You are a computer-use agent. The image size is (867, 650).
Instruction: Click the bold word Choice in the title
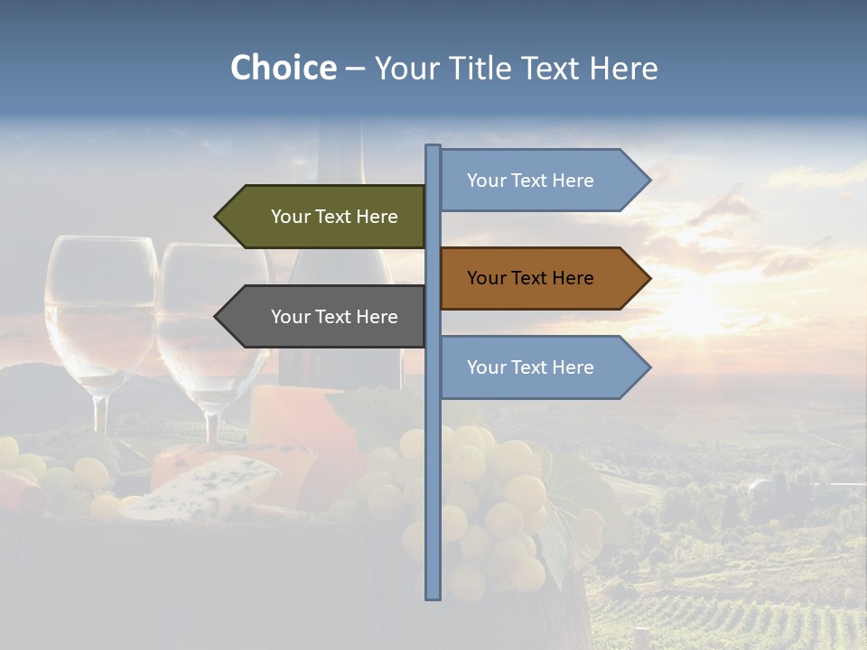coord(283,69)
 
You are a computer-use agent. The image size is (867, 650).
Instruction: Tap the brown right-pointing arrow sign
coord(542,278)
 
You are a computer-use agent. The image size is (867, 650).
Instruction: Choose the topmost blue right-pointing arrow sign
coord(542,181)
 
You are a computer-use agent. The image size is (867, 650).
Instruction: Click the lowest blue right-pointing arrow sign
coord(542,367)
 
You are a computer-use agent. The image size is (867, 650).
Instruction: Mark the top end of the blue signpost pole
coord(433,147)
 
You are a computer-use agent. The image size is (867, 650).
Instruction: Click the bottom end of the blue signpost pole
coord(433,597)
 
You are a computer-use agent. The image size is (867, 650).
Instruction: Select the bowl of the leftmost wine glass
coord(100,307)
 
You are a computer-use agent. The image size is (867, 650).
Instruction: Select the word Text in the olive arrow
coord(336,217)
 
